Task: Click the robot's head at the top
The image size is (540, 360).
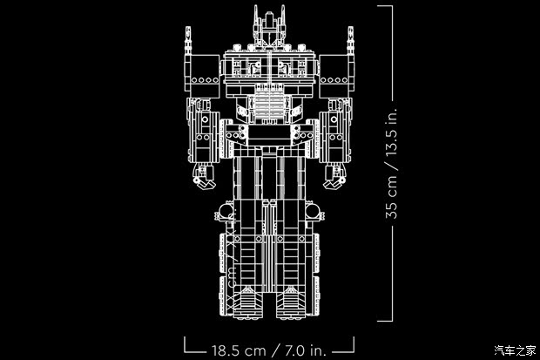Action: click(x=269, y=27)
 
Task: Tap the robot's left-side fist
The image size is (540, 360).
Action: click(x=204, y=177)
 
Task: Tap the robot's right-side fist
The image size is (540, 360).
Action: click(x=334, y=177)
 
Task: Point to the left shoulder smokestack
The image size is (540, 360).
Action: click(x=187, y=41)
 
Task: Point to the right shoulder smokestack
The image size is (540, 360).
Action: click(x=350, y=41)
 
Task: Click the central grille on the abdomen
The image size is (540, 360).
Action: click(x=269, y=103)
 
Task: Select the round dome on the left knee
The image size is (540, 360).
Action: click(x=226, y=211)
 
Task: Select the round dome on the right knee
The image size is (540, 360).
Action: click(x=313, y=211)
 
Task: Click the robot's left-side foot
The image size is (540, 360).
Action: click(x=248, y=302)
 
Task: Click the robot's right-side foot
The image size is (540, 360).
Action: click(x=291, y=302)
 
